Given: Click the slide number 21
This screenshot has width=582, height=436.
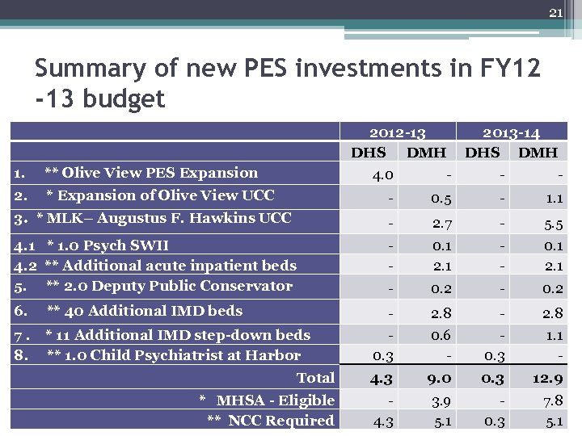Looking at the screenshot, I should [x=555, y=12].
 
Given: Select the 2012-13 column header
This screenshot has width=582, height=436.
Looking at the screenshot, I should [x=397, y=132].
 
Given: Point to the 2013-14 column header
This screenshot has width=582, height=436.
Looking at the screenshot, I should [x=512, y=132].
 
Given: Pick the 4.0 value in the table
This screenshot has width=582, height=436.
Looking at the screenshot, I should [x=382, y=174].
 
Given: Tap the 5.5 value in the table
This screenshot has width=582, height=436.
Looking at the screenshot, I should [x=554, y=226].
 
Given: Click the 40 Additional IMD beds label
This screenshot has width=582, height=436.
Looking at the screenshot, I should [x=144, y=311].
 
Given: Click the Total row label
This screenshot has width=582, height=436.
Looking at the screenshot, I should [x=315, y=377].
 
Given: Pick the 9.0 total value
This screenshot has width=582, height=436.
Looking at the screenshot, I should [x=436, y=378].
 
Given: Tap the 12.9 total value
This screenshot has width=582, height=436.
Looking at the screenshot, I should [x=549, y=378].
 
